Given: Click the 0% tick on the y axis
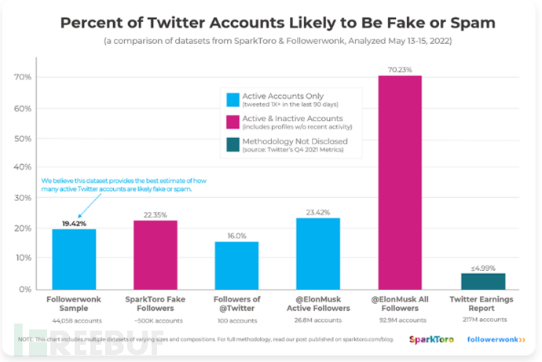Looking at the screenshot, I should tap(24, 289).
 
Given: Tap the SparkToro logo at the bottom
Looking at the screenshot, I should tap(430, 339).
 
